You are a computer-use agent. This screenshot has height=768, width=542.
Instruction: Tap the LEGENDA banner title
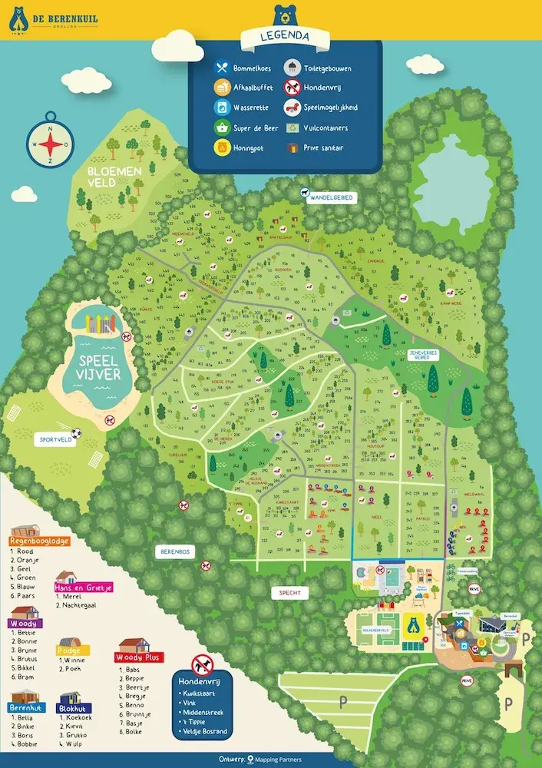click(x=285, y=35)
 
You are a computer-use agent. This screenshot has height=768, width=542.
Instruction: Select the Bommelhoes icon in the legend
click(x=220, y=68)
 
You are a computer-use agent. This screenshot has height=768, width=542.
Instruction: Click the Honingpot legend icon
click(x=220, y=147)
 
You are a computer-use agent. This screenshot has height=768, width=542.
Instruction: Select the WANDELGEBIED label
click(x=332, y=197)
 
